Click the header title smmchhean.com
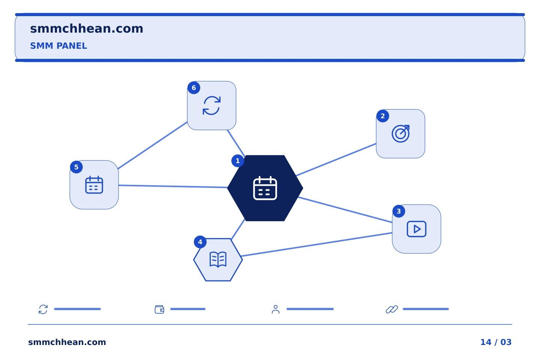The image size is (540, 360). click(x=87, y=28)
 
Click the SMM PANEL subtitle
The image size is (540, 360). click(x=58, y=46)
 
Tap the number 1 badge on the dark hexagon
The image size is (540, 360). click(x=238, y=161)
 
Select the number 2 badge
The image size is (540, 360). click(x=382, y=116)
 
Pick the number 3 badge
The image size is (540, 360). click(x=399, y=211)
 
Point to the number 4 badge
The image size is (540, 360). click(x=200, y=242)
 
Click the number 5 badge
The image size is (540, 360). click(x=76, y=167)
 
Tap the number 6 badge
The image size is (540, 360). click(x=194, y=88)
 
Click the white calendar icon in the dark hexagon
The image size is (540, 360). click(x=265, y=188)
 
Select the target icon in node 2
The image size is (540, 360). click(x=400, y=134)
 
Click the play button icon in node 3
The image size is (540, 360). click(x=417, y=229)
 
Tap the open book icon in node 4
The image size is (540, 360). click(x=218, y=260)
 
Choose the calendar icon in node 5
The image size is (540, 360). click(x=94, y=185)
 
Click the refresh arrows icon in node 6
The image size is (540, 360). click(x=211, y=106)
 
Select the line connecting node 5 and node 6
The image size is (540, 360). click(x=153, y=145)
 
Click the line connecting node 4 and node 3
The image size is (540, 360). click(x=316, y=244)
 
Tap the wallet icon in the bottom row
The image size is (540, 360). click(x=159, y=309)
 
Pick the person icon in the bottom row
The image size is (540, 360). click(x=276, y=309)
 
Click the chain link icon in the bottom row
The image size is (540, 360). click(x=392, y=309)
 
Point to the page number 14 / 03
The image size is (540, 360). click(x=496, y=342)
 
